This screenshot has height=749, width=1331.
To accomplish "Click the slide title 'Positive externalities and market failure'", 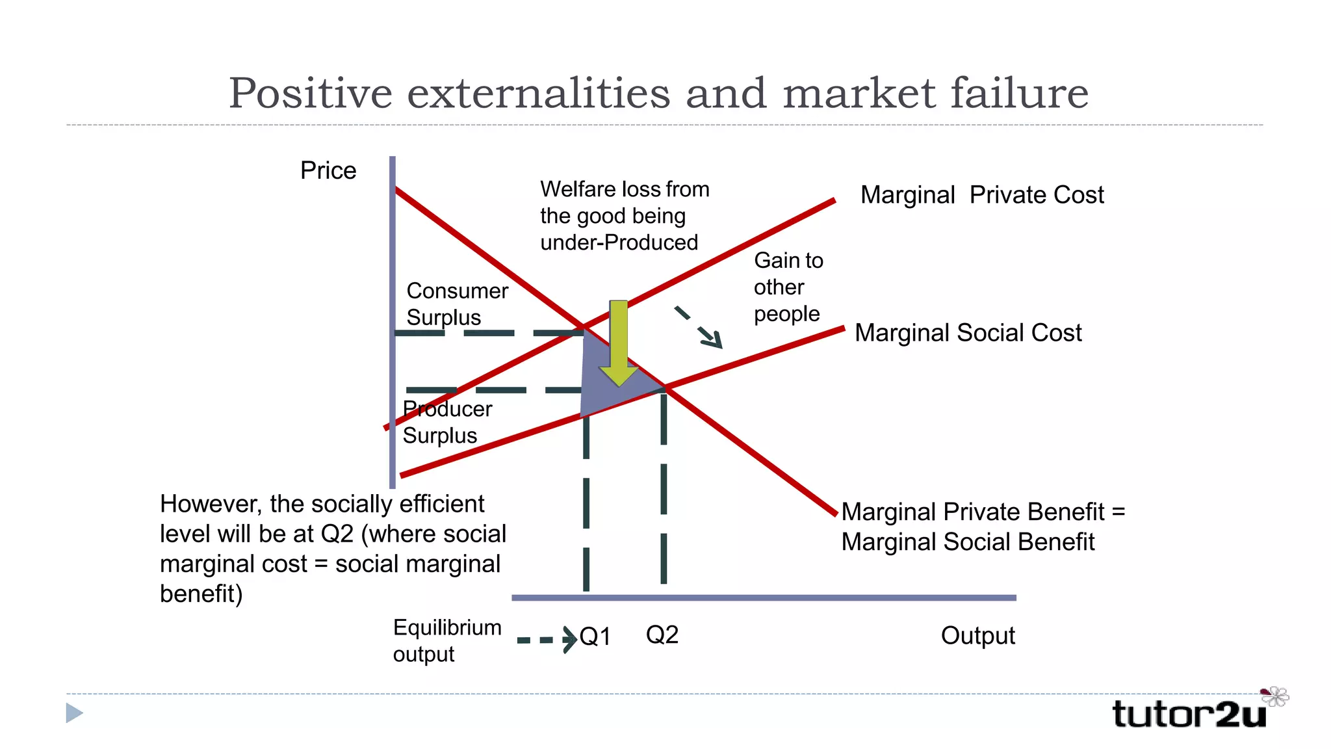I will tap(658, 93).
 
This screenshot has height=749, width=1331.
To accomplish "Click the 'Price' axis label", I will tap(328, 171).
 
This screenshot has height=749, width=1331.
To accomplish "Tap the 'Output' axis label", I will tap(977, 635).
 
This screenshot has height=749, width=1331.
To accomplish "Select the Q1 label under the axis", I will tap(595, 637).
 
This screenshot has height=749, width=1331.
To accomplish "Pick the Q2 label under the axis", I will tap(662, 635).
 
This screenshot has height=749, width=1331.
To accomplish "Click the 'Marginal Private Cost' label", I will tap(981, 195).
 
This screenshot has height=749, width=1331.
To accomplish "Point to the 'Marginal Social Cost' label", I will tap(968, 333).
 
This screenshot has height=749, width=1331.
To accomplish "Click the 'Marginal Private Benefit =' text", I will tap(983, 512).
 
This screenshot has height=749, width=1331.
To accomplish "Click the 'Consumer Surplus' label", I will tap(456, 304).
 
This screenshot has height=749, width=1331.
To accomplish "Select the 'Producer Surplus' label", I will tap(446, 422).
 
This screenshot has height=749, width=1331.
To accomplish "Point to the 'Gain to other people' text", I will tap(788, 287).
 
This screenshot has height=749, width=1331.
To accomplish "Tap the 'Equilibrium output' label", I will tap(446, 640).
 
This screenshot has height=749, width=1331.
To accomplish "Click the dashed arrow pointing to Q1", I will tap(547, 640).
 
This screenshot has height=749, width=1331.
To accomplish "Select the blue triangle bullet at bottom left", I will tap(74, 713).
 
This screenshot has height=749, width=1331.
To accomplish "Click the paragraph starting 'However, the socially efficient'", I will tap(332, 549).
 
